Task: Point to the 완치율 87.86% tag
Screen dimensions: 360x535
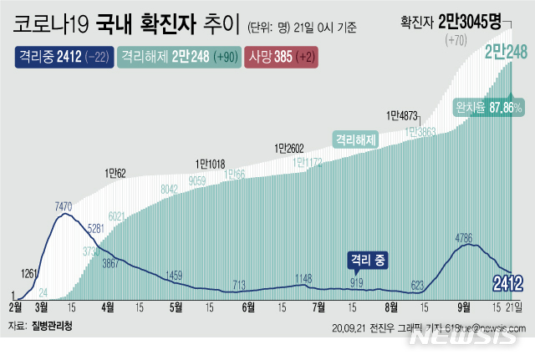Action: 489,108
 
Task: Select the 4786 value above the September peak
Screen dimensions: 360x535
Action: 466,238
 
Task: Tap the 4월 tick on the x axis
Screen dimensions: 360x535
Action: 107,307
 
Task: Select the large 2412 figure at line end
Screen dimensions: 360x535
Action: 507,281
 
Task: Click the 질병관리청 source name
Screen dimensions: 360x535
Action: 56,326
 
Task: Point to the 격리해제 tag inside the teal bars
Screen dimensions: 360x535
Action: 358,139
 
